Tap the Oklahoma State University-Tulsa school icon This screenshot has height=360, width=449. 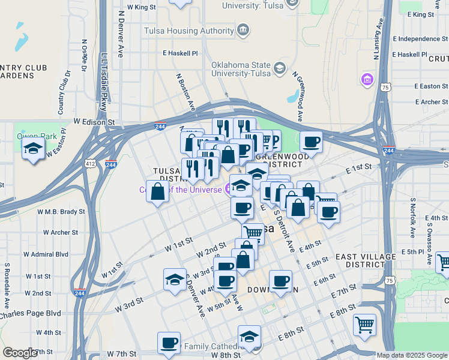(280, 68)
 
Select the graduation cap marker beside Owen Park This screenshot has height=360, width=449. (34, 148)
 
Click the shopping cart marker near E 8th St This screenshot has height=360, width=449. (364, 325)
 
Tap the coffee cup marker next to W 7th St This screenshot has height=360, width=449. (169, 343)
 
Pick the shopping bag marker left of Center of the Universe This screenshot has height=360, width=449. (157, 193)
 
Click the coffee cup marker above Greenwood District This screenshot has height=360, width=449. (311, 142)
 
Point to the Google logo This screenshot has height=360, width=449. (20, 353)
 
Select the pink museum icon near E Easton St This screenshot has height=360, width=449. (366, 79)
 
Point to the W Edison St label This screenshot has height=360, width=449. (94, 122)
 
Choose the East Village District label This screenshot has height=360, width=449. (366, 260)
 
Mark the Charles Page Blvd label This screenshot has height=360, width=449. (30, 313)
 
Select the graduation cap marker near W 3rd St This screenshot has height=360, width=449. (175, 280)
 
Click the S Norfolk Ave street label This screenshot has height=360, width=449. (413, 217)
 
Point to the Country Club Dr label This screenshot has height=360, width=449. (64, 93)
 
